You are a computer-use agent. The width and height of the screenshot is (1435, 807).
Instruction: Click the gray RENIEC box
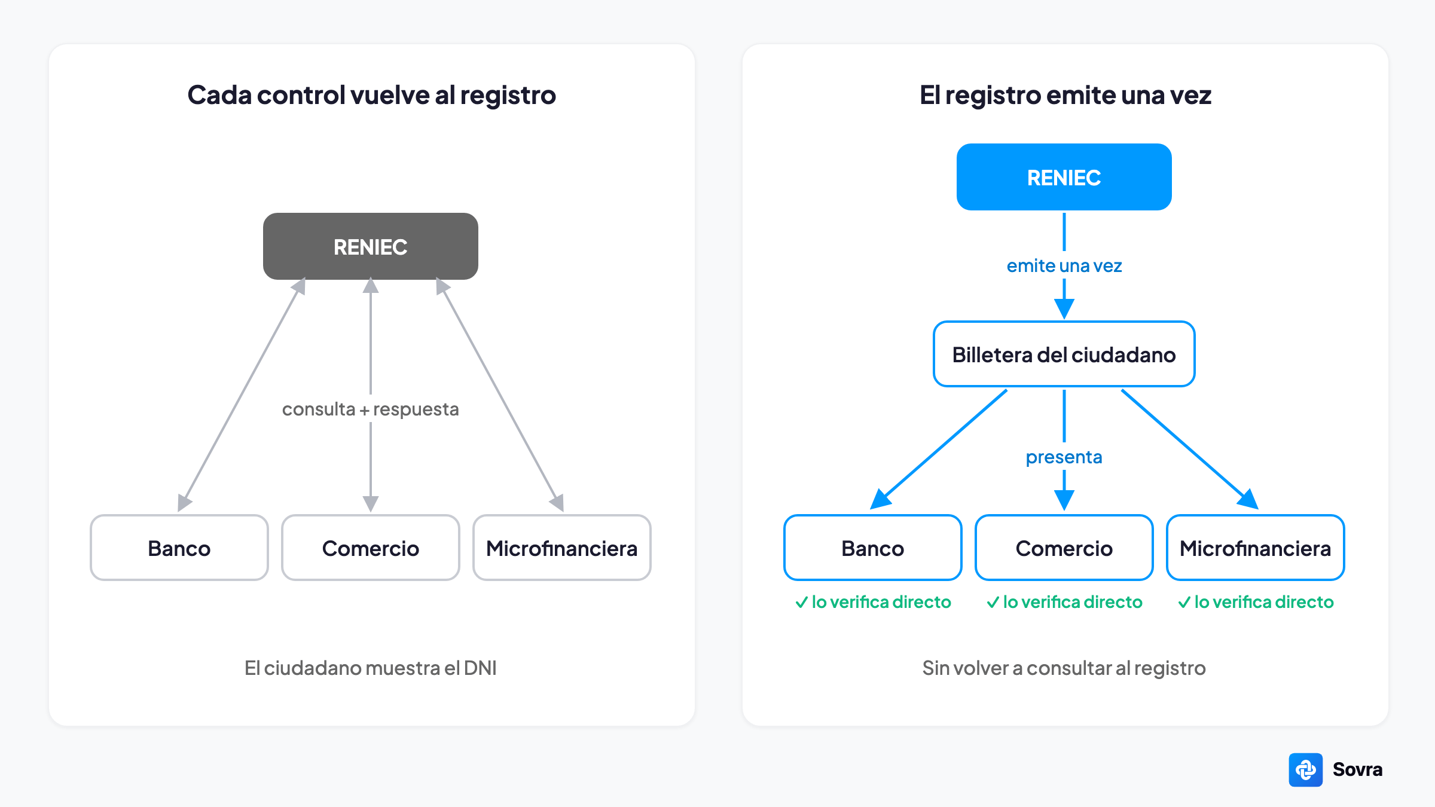tap(371, 246)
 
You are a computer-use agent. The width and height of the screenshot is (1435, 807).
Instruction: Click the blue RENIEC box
tap(1064, 177)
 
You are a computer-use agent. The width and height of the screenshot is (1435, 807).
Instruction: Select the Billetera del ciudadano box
tap(1064, 354)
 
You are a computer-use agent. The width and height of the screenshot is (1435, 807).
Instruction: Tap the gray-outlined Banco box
tap(179, 548)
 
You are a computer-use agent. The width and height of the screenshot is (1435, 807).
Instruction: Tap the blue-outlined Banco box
tap(873, 548)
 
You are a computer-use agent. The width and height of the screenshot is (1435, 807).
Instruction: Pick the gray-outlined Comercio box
tap(371, 548)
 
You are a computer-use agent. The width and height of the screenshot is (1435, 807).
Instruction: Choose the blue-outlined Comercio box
tap(1064, 548)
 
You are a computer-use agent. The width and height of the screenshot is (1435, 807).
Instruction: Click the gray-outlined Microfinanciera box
tap(562, 548)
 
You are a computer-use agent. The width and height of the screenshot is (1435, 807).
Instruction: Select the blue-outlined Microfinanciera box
tap(1256, 548)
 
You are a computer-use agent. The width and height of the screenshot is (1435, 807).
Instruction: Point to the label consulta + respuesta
tap(371, 409)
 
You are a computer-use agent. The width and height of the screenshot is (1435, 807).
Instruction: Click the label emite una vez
tap(1064, 266)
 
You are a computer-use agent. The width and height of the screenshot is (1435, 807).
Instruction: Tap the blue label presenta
tap(1064, 457)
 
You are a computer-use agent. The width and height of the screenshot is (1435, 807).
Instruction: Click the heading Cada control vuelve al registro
tap(372, 95)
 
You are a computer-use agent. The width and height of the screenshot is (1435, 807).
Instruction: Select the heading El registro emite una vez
tap(1065, 95)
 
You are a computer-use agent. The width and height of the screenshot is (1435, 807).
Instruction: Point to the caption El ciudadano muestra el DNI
tap(371, 668)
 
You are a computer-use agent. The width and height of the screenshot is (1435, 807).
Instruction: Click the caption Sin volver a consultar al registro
tap(1064, 668)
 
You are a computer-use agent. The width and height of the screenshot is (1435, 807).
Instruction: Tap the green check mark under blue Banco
tap(801, 602)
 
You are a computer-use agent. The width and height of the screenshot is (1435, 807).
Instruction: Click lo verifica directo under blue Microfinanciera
tap(1264, 602)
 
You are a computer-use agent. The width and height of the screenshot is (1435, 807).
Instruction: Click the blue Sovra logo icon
tap(1306, 770)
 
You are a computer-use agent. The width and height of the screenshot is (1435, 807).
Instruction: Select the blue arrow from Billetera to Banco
tap(939, 449)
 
